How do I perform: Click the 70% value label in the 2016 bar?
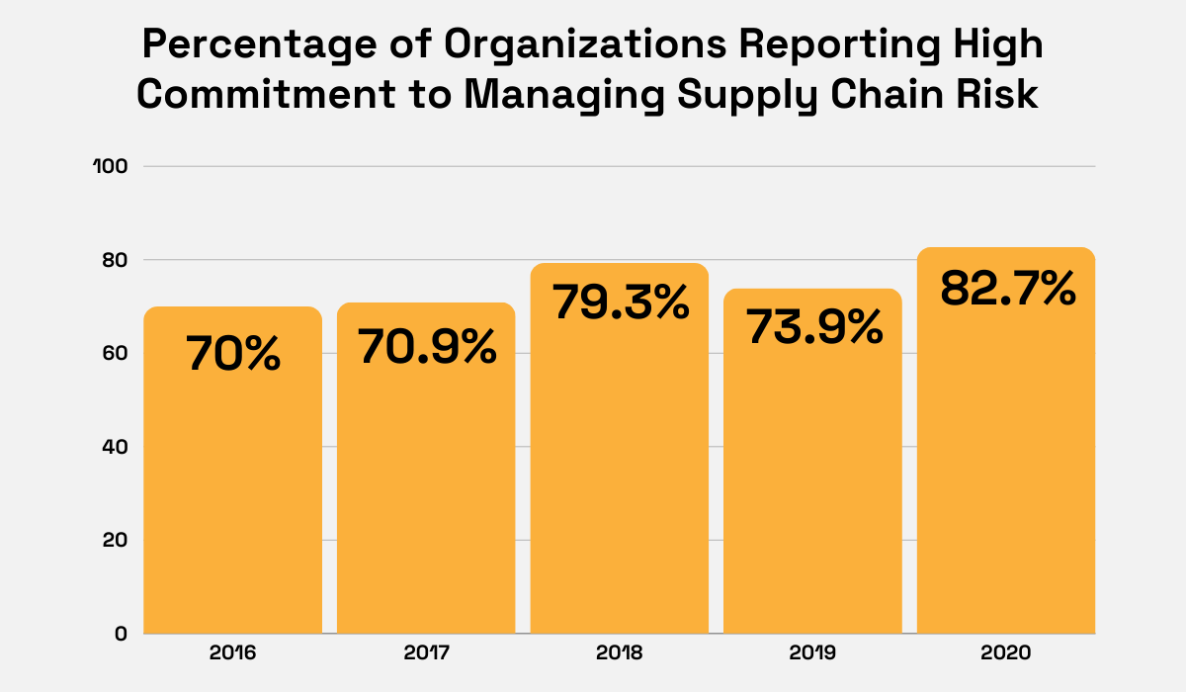click(x=233, y=355)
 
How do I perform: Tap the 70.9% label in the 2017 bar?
click(x=426, y=347)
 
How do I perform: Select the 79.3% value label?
click(x=620, y=302)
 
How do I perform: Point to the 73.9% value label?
click(x=813, y=327)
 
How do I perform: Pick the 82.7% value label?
click(x=1006, y=288)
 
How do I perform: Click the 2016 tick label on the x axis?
click(x=233, y=653)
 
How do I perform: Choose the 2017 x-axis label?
click(x=426, y=653)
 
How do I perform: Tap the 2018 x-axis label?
click(x=620, y=653)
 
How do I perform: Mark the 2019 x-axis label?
click(x=813, y=653)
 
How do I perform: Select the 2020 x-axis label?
click(x=1006, y=653)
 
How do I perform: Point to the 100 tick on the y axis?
click(x=111, y=166)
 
